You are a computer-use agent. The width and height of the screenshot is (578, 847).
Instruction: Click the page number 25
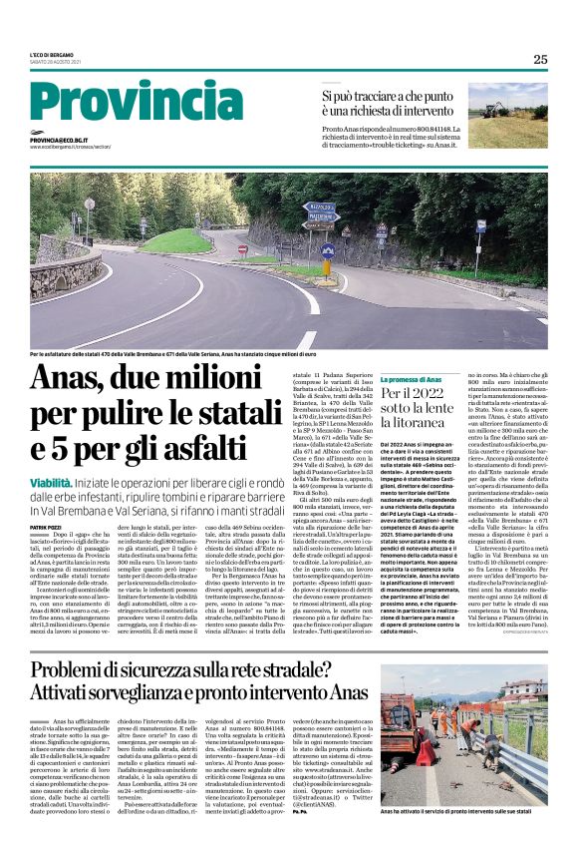540,59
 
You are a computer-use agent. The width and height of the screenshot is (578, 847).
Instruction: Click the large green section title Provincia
124,105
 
